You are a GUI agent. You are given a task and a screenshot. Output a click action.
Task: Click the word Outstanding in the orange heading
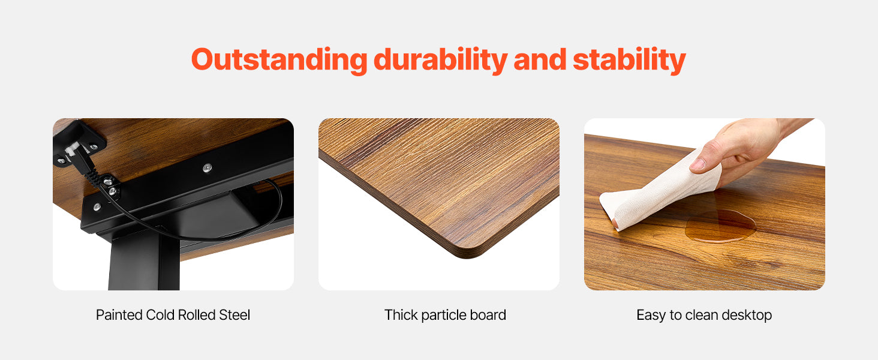279,60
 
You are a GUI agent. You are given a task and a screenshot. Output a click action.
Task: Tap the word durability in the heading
441,60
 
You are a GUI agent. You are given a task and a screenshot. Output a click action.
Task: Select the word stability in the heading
629,60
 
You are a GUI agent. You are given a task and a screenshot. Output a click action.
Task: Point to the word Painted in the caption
119,315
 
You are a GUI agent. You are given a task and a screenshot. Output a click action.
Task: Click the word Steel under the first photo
234,315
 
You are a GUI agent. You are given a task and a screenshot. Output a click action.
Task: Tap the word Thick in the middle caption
401,315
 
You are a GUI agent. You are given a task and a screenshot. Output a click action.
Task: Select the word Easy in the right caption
651,316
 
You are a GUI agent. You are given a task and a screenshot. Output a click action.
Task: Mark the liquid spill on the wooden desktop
720,226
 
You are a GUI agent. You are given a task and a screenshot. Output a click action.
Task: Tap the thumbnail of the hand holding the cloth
704,205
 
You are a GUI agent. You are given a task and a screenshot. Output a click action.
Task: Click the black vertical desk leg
144,261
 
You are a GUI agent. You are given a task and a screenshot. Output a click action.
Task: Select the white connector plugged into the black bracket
71,149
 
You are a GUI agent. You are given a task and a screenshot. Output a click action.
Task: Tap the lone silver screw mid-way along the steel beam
208,168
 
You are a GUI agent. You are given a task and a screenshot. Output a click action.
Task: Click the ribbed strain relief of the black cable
94,177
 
